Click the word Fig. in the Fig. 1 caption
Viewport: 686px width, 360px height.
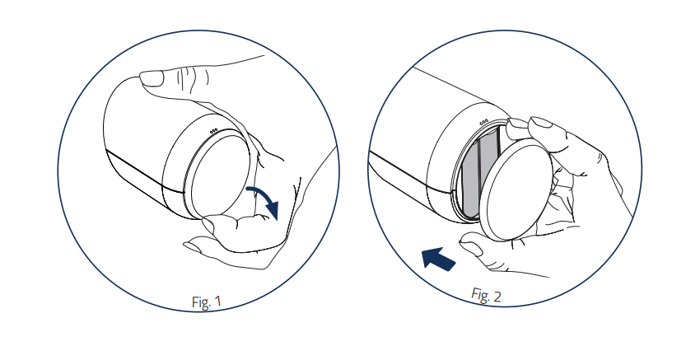(199, 302)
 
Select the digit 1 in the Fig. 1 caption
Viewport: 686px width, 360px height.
(217, 302)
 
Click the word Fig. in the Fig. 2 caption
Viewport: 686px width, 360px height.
(480, 294)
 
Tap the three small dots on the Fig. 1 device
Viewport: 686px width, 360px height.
(213, 131)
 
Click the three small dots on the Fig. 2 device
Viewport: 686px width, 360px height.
(483, 123)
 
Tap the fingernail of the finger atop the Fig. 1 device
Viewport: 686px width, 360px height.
(152, 79)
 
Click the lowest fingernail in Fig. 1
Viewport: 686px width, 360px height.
(193, 246)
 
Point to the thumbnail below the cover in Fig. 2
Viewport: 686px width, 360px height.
(472, 250)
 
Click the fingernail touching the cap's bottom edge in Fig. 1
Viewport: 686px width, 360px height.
(208, 225)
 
